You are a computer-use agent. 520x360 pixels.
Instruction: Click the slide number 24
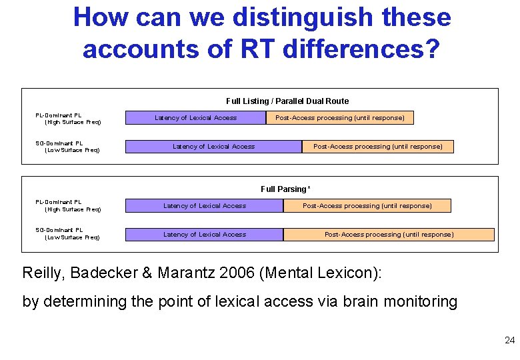510,341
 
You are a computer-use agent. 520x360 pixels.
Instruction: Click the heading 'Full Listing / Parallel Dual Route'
287,101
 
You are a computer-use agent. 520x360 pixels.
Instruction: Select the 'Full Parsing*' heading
286,189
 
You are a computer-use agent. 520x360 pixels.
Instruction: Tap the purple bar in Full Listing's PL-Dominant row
196,118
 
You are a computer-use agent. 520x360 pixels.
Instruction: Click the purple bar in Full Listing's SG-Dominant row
213,147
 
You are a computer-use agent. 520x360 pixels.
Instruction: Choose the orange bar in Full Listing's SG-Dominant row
377,147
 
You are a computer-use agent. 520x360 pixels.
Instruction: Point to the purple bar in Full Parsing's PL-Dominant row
205,206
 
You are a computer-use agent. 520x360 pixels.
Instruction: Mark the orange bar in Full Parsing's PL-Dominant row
367,206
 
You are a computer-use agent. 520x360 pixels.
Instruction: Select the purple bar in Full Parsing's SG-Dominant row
205,235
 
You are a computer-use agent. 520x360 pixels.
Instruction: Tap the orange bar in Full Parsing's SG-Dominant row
389,235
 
